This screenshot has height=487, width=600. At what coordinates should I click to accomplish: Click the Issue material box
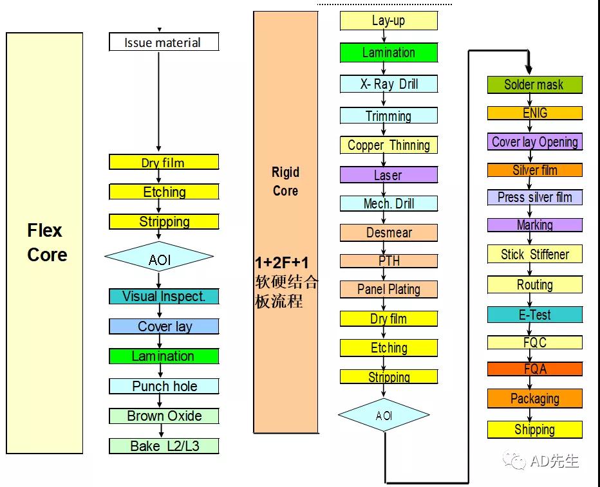(x=164, y=42)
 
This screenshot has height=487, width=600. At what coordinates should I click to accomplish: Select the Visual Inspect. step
(x=164, y=297)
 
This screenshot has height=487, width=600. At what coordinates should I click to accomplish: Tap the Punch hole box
(x=164, y=386)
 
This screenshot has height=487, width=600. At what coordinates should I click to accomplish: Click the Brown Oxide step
(x=164, y=416)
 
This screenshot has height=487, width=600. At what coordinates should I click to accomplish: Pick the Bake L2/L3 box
(x=164, y=446)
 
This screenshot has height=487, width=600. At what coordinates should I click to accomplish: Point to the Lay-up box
(x=388, y=21)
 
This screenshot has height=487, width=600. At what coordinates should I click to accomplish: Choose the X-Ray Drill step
(x=388, y=84)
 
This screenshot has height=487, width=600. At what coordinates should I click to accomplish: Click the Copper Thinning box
(x=388, y=145)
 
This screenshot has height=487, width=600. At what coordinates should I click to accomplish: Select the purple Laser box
(x=388, y=175)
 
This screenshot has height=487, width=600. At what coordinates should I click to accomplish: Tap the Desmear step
(x=388, y=232)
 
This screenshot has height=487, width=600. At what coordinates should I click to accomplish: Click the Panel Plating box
(x=388, y=289)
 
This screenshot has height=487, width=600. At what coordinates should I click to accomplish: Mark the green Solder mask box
(x=534, y=84)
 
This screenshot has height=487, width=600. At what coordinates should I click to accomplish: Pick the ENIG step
(x=534, y=113)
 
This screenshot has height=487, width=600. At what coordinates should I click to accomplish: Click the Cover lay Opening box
(x=534, y=142)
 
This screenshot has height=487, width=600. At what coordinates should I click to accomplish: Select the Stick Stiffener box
(x=534, y=254)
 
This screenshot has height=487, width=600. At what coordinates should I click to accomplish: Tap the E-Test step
(x=534, y=315)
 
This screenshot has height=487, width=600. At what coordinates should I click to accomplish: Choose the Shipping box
(x=534, y=429)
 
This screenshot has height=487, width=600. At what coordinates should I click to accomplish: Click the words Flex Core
(x=47, y=243)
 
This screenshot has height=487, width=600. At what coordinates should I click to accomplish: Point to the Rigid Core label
(x=285, y=181)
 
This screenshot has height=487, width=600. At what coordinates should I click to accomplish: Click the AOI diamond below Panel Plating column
(x=384, y=416)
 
